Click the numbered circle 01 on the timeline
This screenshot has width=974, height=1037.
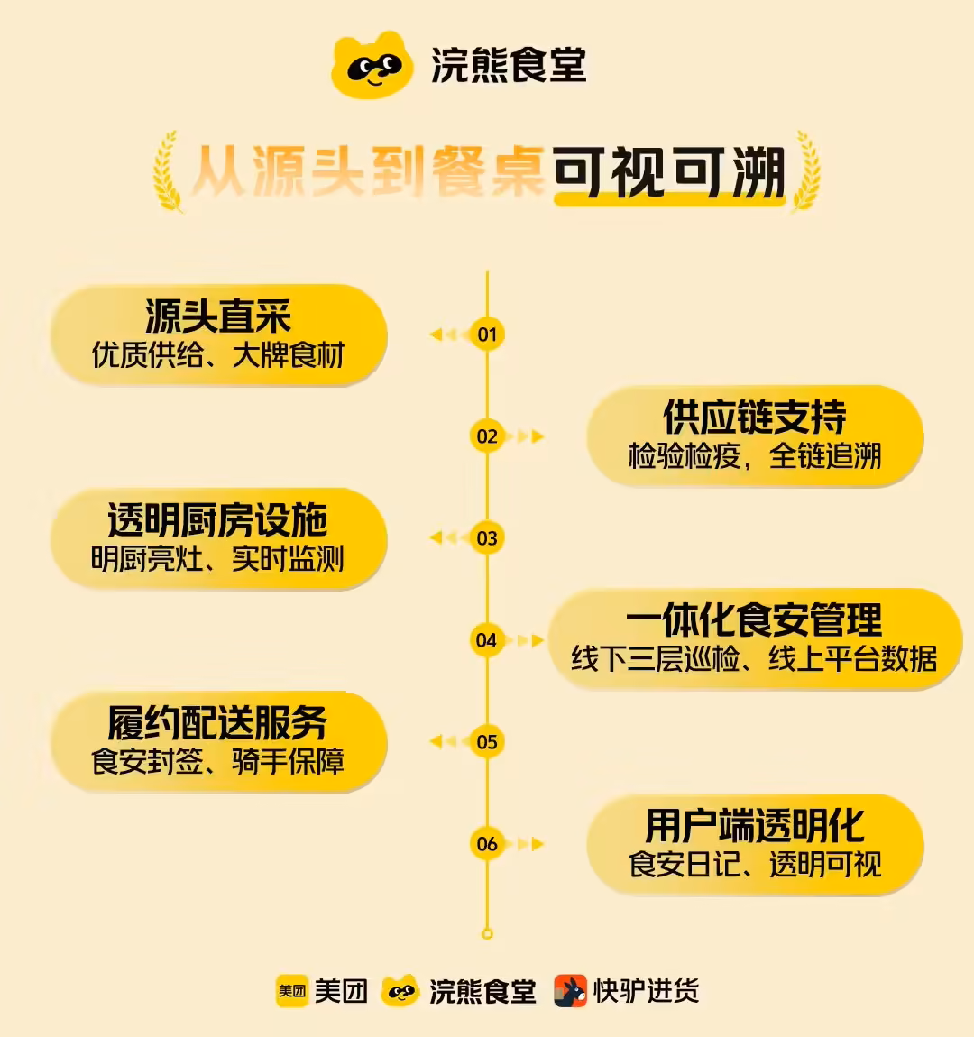click(487, 334)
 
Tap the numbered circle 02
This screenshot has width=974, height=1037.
click(487, 436)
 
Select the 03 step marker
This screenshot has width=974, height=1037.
click(487, 537)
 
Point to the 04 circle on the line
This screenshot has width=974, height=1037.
click(487, 639)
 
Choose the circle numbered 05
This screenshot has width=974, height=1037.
click(487, 741)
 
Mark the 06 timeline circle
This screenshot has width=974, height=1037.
click(487, 843)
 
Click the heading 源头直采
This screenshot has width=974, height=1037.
click(218, 317)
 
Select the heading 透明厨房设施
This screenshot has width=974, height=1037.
click(217, 519)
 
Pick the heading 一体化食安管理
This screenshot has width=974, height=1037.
click(754, 619)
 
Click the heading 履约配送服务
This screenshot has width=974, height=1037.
click(217, 723)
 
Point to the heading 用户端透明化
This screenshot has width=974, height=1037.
click(755, 825)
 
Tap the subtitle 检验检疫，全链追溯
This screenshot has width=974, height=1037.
click(755, 455)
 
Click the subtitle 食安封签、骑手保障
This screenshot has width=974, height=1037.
click(217, 761)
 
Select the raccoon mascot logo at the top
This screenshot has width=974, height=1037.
click(372, 65)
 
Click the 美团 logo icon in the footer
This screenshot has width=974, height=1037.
click(291, 991)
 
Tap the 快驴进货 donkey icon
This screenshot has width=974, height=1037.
click(570, 991)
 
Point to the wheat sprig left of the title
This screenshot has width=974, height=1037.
click(168, 172)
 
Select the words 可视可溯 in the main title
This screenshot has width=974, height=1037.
click(669, 172)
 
